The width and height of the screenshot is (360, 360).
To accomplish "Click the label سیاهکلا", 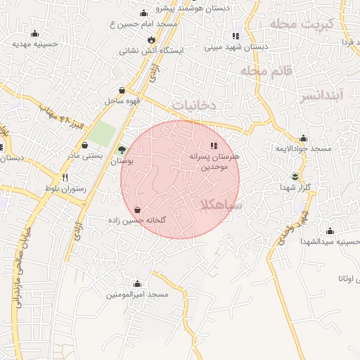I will [x=221, y=205].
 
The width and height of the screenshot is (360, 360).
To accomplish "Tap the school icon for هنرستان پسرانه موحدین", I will [x=214, y=146].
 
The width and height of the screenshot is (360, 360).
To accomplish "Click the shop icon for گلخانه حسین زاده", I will [x=137, y=210].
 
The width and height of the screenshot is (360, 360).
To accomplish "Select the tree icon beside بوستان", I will [x=122, y=150].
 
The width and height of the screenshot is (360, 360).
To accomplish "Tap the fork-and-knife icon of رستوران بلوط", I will [x=65, y=178].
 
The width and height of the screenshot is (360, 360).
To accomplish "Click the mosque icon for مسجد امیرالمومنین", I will [x=137, y=284].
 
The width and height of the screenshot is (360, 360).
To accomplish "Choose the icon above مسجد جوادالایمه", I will [x=303, y=138].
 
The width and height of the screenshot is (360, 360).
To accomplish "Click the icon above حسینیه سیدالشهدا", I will [x=330, y=231].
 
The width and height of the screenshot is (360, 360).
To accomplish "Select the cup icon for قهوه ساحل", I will [x=123, y=90].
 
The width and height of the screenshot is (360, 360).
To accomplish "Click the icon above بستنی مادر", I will [x=85, y=144].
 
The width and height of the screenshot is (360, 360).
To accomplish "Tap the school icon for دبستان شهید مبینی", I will [x=236, y=36].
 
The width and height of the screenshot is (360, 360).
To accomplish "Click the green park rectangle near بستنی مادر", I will [x=103, y=134].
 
